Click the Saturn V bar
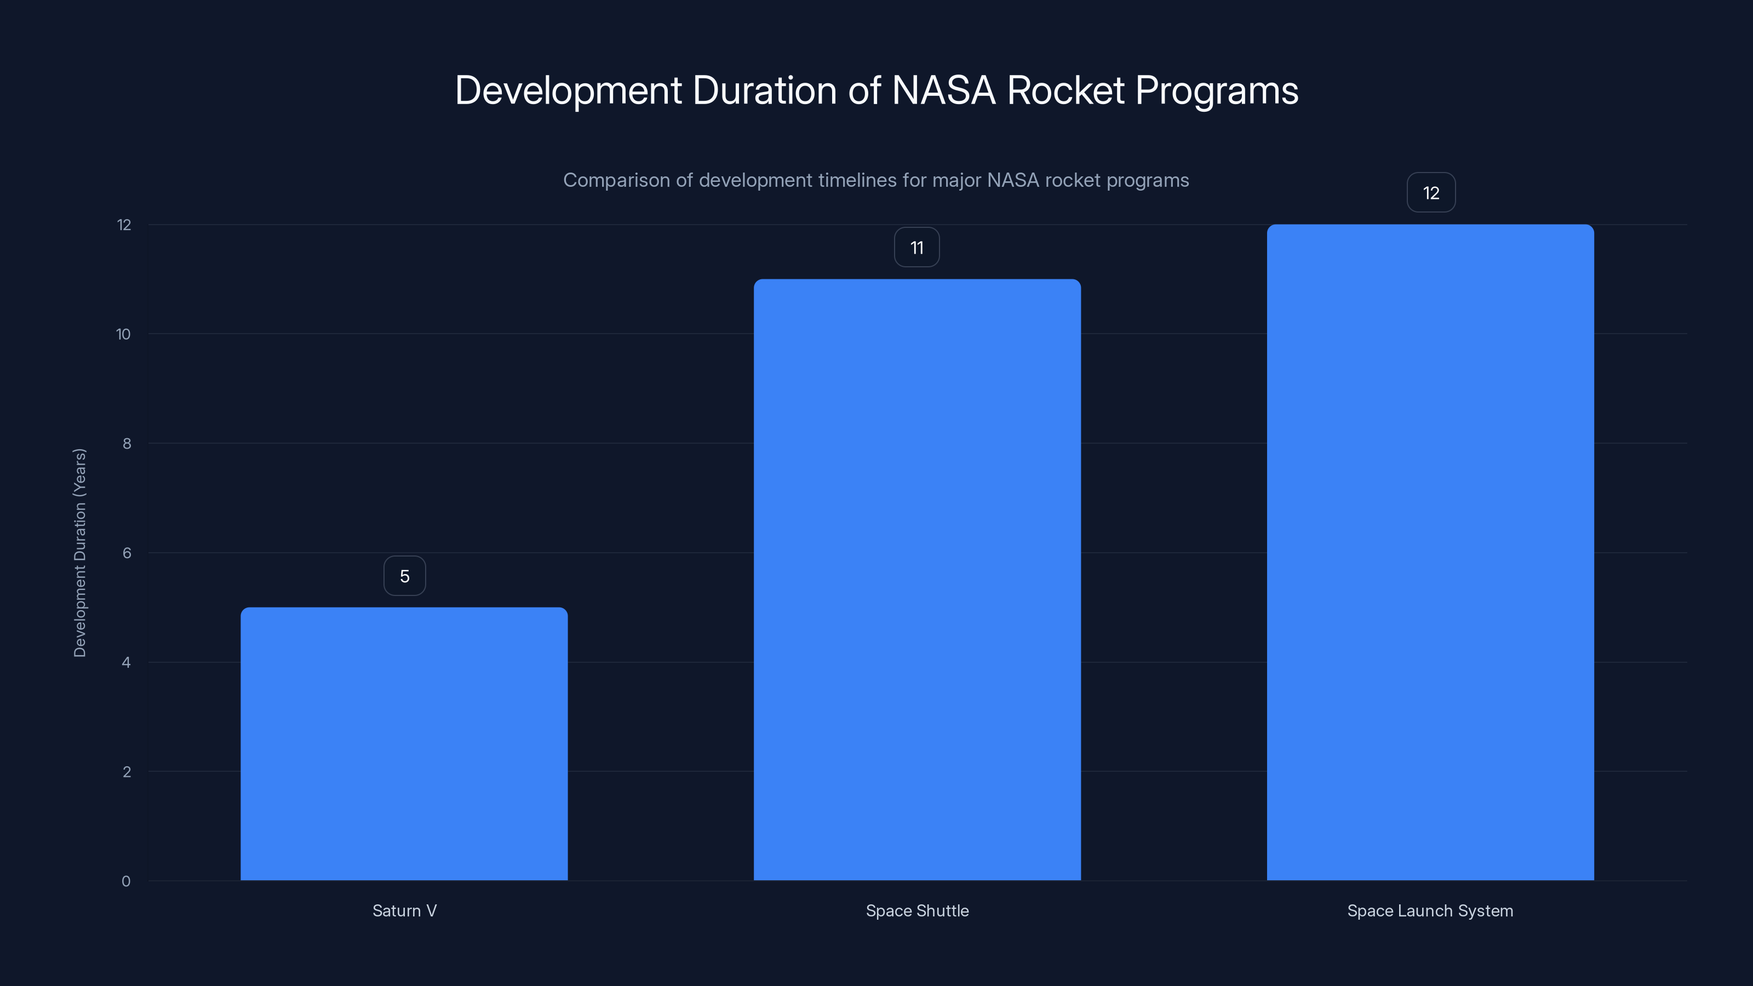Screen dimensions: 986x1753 [x=404, y=743]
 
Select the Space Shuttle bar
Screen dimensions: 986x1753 [x=916, y=579]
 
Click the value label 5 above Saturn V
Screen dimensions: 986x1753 [x=405, y=576]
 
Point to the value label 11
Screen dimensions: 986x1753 [x=916, y=248]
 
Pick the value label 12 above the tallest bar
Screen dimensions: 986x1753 [x=1431, y=193]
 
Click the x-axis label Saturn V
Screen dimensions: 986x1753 [x=404, y=910]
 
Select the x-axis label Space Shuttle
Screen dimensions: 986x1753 [x=916, y=910]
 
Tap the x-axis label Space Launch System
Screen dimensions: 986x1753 [x=1430, y=910]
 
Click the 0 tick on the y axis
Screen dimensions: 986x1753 [x=126, y=881]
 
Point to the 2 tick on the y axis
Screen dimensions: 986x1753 [x=127, y=772]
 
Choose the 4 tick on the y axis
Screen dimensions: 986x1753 [x=126, y=662]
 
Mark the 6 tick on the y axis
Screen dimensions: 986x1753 [x=127, y=553]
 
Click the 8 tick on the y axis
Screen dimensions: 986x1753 [x=127, y=444]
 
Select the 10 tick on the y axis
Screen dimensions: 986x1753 [x=123, y=334]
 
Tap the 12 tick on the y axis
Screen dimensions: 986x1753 [x=124, y=225]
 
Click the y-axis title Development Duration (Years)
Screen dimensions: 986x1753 [x=79, y=553]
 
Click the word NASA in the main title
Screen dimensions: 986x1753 [x=943, y=90]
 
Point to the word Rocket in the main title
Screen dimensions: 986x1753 [x=1065, y=90]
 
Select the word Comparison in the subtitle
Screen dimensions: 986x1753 [x=616, y=180]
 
